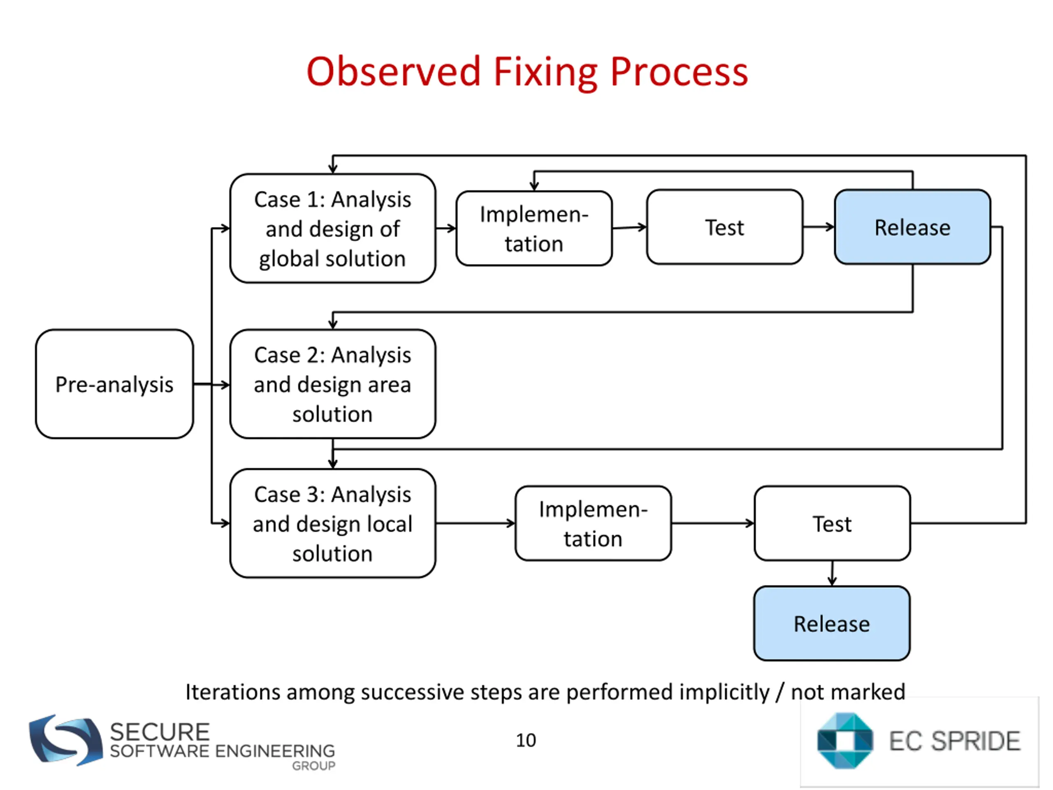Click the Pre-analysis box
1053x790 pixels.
coord(114,384)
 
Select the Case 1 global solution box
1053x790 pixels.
coord(333,229)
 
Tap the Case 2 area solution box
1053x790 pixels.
coord(333,384)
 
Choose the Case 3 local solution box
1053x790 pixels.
coord(333,523)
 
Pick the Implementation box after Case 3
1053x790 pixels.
coord(593,523)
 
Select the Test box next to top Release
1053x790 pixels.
coord(724,227)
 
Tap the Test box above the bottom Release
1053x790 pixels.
coord(832,523)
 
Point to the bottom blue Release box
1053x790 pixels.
coord(832,623)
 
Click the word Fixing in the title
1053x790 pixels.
coord(546,72)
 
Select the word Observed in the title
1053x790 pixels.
coord(394,72)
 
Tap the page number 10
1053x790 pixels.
coord(526,740)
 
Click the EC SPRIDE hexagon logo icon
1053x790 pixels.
coord(845,741)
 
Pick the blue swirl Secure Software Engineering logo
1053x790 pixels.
coord(66,739)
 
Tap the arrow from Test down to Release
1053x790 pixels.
coord(832,573)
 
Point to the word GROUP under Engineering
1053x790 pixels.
coord(314,766)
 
